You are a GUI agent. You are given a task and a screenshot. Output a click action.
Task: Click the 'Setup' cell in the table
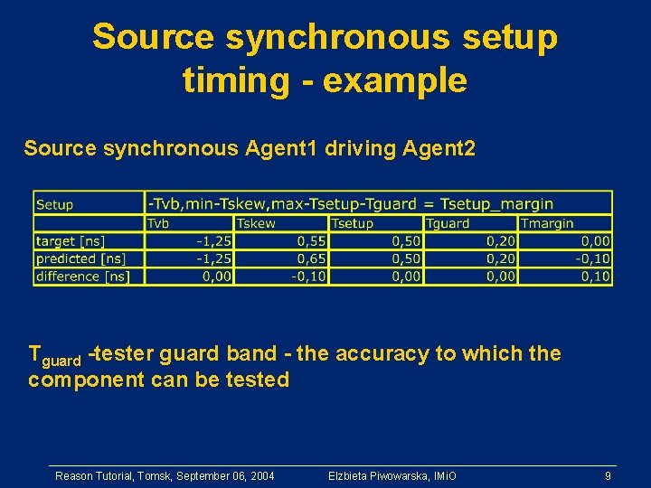[55, 205]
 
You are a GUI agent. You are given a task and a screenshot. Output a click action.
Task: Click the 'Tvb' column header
[158, 223]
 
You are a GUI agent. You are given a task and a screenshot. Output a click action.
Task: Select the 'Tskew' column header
[256, 223]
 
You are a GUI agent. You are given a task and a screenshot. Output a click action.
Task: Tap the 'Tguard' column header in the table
[448, 223]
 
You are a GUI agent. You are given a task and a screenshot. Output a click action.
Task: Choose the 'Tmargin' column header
[547, 223]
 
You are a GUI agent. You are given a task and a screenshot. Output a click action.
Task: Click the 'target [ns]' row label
[71, 241]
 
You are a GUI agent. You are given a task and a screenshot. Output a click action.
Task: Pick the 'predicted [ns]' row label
[80, 258]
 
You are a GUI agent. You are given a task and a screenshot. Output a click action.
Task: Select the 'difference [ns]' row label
[82, 277]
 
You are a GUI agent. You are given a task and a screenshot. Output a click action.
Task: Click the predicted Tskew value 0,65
[311, 258]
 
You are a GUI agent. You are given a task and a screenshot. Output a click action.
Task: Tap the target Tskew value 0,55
[311, 241]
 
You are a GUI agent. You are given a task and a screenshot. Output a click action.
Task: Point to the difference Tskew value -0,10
[308, 277]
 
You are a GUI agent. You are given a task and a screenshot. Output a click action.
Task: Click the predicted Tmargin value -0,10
[592, 258]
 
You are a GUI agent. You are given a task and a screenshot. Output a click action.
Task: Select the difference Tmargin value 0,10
[595, 277]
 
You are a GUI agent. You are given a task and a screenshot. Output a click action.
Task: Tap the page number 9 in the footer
[609, 475]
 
